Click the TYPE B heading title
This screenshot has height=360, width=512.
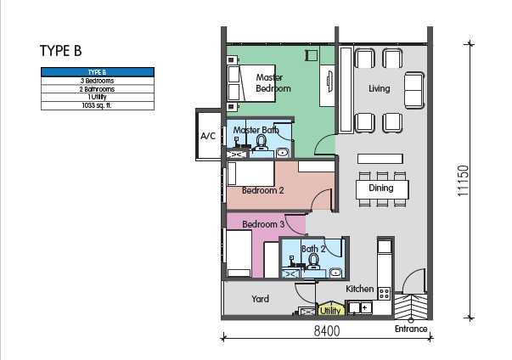click(61, 51)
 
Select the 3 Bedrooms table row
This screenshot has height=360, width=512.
click(98, 81)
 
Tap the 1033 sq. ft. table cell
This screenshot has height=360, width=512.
click(98, 105)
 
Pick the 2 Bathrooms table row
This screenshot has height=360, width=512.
click(98, 89)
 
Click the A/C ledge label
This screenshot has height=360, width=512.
click(208, 136)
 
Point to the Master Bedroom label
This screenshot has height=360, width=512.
click(273, 83)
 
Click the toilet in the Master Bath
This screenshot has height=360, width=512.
click(262, 143)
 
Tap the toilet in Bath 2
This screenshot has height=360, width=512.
click(314, 262)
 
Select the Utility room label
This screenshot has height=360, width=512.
click(330, 311)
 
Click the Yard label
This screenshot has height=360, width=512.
click(260, 299)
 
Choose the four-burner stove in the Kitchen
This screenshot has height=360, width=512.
click(384, 294)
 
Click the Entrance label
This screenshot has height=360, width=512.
click(411, 329)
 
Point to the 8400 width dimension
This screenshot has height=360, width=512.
click(327, 331)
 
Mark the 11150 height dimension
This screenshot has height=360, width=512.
click(463, 181)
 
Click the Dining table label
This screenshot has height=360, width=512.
click(380, 188)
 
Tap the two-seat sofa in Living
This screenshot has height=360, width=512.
click(414, 90)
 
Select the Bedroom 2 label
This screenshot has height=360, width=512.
click(263, 190)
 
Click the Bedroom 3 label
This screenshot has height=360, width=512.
click(263, 224)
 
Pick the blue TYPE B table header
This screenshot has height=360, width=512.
click(98, 72)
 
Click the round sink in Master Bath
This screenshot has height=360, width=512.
click(283, 153)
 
